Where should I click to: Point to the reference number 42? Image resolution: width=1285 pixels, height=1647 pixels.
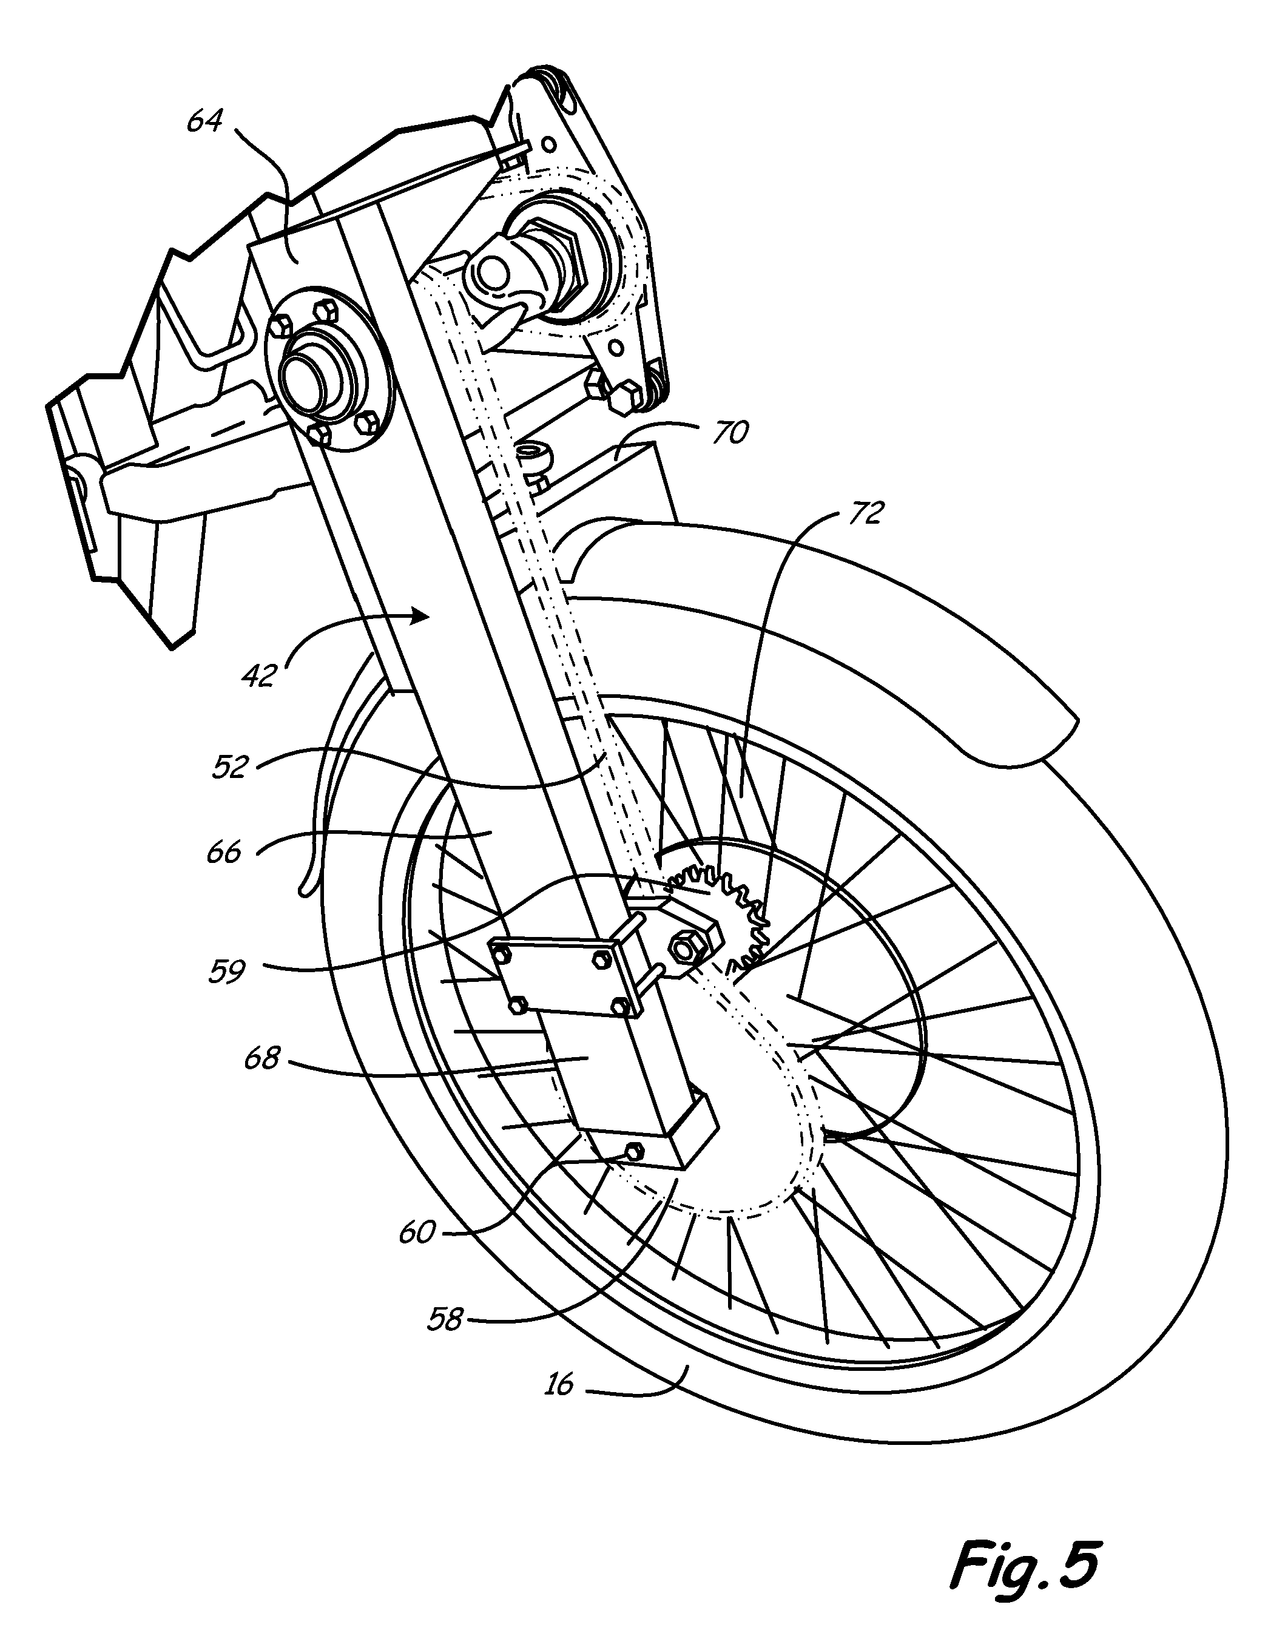pos(258,675)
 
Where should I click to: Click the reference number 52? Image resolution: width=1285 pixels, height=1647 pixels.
pos(230,768)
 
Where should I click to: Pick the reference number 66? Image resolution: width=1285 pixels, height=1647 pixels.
pos(223,852)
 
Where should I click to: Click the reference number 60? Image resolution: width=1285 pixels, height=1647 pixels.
pos(417,1233)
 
